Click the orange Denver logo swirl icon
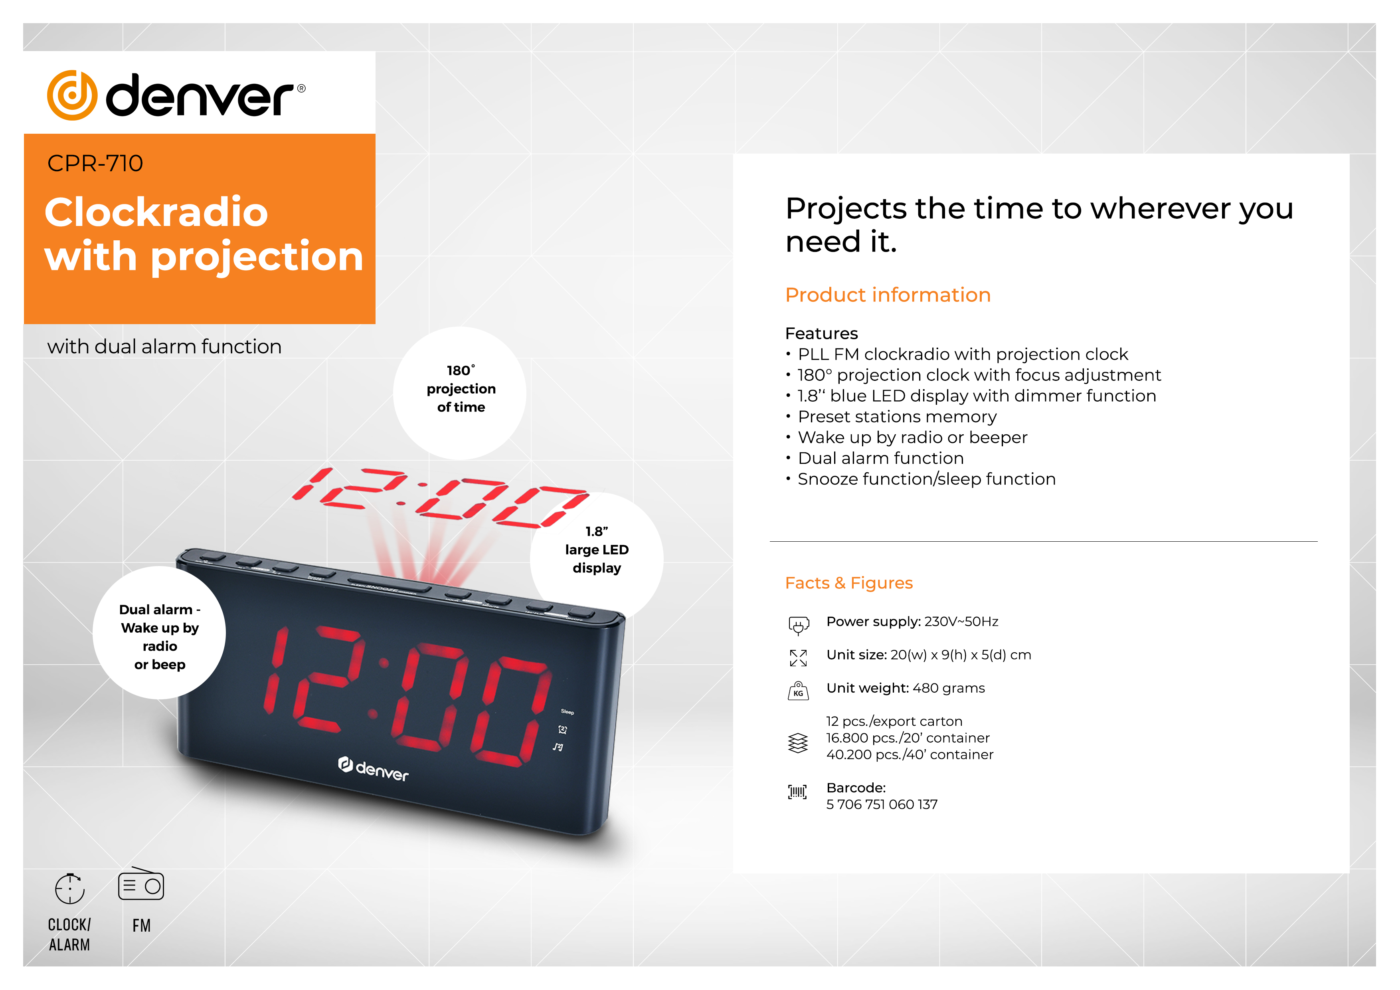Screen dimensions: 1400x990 coord(72,95)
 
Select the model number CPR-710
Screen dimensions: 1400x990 coord(95,164)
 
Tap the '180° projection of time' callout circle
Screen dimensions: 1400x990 coord(460,393)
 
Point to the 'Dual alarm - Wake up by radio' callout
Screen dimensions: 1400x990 coord(159,633)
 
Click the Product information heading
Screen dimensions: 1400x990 coord(888,295)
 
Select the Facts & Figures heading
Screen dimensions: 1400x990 coord(849,583)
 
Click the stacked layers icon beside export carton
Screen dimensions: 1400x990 coord(797,743)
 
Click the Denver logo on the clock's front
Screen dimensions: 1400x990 coord(373,770)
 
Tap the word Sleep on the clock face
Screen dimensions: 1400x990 coord(568,712)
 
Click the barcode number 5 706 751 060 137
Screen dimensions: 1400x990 coord(882,804)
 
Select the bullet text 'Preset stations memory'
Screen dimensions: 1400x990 coord(897,417)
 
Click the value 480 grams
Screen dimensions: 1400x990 coord(949,688)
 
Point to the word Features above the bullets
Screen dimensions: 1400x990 coord(821,334)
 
